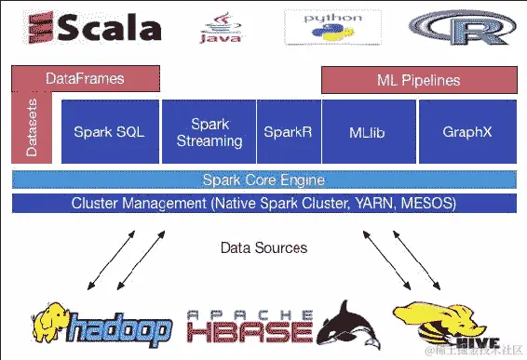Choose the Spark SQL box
click(110, 132)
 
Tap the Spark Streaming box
click(209, 132)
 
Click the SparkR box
click(287, 132)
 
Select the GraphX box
click(467, 132)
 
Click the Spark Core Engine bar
click(263, 180)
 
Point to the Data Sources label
click(263, 248)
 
